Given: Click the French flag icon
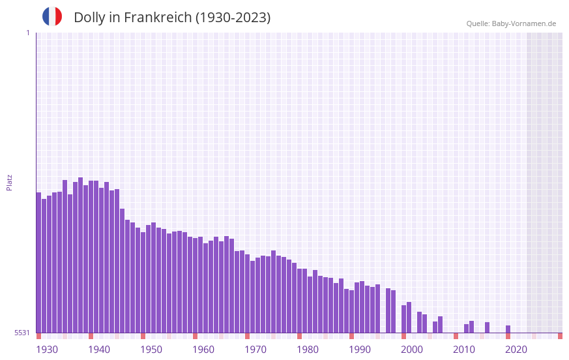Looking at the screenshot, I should (x=52, y=16).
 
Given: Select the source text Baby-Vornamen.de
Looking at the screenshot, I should (x=523, y=23).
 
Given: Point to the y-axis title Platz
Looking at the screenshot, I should (x=9, y=182).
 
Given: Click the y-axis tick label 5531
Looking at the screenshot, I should (x=23, y=333).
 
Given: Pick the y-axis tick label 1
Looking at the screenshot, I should (x=28, y=33).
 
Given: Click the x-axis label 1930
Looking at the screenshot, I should (x=47, y=350).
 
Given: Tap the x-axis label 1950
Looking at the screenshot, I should (x=151, y=350).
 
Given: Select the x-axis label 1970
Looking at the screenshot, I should (x=255, y=350).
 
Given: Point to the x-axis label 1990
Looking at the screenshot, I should (x=360, y=350).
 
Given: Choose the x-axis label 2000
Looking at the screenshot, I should (x=412, y=350).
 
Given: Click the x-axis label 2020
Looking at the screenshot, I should (x=516, y=350).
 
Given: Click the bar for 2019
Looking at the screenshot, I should (x=508, y=329).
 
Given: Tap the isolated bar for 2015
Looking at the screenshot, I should (x=487, y=327).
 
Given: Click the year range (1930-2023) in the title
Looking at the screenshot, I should (x=233, y=18).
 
